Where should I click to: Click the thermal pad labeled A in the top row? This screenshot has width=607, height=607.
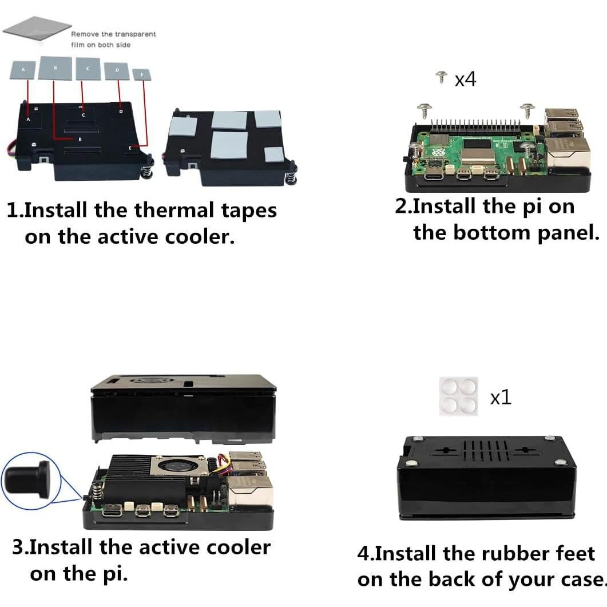23,70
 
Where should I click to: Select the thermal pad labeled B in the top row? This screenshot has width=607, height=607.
54,68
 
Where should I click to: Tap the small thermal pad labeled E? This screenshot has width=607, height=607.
142,74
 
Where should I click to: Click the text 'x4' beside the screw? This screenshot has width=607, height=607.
465,80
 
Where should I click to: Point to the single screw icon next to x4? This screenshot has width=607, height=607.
441,77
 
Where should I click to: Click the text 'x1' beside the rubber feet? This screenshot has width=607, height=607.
501,398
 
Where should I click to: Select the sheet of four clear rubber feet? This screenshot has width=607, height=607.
458,396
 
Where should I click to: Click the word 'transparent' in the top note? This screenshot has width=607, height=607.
135,34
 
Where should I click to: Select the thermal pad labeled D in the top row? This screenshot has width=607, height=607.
117,70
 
